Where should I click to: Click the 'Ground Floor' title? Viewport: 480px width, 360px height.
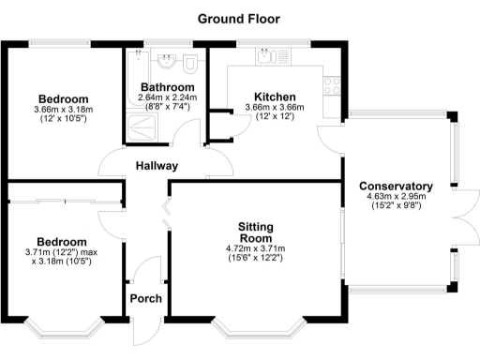coord(239,19)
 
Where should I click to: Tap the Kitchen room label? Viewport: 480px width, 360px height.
coord(276,97)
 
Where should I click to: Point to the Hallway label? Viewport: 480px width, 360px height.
coord(155,166)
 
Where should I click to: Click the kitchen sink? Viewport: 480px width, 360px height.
coord(272,57)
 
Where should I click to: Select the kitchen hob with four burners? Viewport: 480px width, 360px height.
coord(332,84)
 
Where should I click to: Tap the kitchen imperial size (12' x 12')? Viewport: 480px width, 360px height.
coord(276,119)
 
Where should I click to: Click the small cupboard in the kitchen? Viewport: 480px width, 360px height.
coord(219,124)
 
